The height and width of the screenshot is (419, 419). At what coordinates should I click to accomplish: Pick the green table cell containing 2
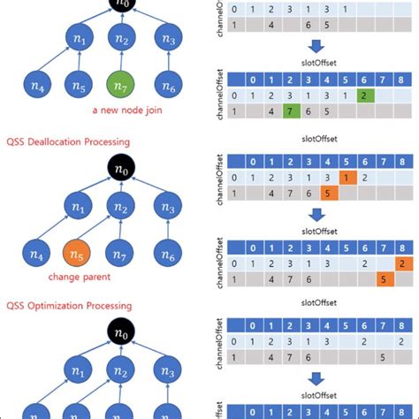(363, 95)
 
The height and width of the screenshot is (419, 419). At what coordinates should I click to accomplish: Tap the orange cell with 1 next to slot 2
(346, 178)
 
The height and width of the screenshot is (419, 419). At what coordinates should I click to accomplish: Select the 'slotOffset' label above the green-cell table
(316, 62)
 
